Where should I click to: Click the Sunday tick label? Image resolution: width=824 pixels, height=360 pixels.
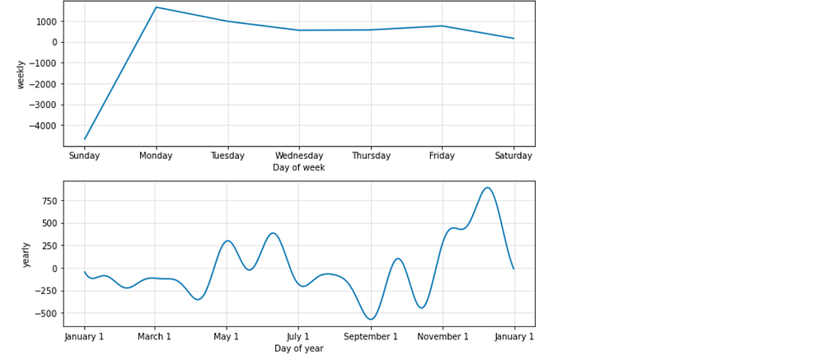(x=84, y=156)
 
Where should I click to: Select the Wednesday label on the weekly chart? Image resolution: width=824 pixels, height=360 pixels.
(x=299, y=156)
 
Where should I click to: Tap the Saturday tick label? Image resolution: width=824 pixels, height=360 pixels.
(x=513, y=156)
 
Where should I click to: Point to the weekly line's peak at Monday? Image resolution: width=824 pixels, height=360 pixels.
(x=156, y=7)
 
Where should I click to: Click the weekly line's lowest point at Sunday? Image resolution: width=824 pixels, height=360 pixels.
(x=85, y=139)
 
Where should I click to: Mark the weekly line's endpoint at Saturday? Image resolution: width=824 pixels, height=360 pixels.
(x=513, y=39)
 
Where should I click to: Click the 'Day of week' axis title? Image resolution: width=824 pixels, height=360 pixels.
(x=299, y=168)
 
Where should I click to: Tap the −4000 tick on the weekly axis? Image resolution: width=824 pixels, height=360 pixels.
(x=45, y=125)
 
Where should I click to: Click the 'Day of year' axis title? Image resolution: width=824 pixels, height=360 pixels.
(x=299, y=348)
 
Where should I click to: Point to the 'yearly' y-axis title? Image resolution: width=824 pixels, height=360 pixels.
(x=26, y=255)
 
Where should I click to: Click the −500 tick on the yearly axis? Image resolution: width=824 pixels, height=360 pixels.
(x=48, y=313)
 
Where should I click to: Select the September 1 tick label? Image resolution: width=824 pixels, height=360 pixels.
(x=371, y=336)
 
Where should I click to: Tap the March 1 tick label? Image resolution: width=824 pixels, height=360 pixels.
(x=155, y=336)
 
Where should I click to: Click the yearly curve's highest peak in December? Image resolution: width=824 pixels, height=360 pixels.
(x=487, y=188)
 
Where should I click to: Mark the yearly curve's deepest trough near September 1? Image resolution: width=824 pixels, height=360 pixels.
(x=371, y=319)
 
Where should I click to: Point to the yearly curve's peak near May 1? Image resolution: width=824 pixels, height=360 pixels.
(x=227, y=241)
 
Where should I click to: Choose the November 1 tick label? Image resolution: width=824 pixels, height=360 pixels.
(x=443, y=336)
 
